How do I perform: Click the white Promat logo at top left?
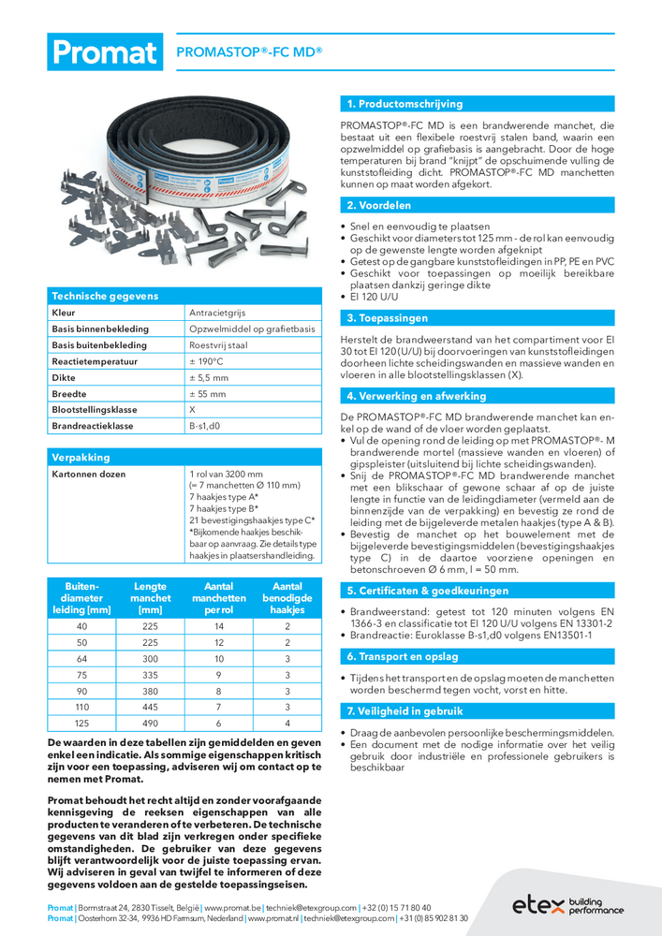pyautogui.click(x=104, y=51)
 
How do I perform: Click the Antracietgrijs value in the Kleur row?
pyautogui.click(x=220, y=312)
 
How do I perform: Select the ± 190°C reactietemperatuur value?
pyautogui.click(x=209, y=361)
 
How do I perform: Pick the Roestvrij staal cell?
pyautogui.click(x=218, y=344)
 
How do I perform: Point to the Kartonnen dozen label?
pyautogui.click(x=88, y=474)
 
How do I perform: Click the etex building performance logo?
pyautogui.click(x=567, y=905)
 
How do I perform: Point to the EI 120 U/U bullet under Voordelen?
pyautogui.click(x=377, y=297)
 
